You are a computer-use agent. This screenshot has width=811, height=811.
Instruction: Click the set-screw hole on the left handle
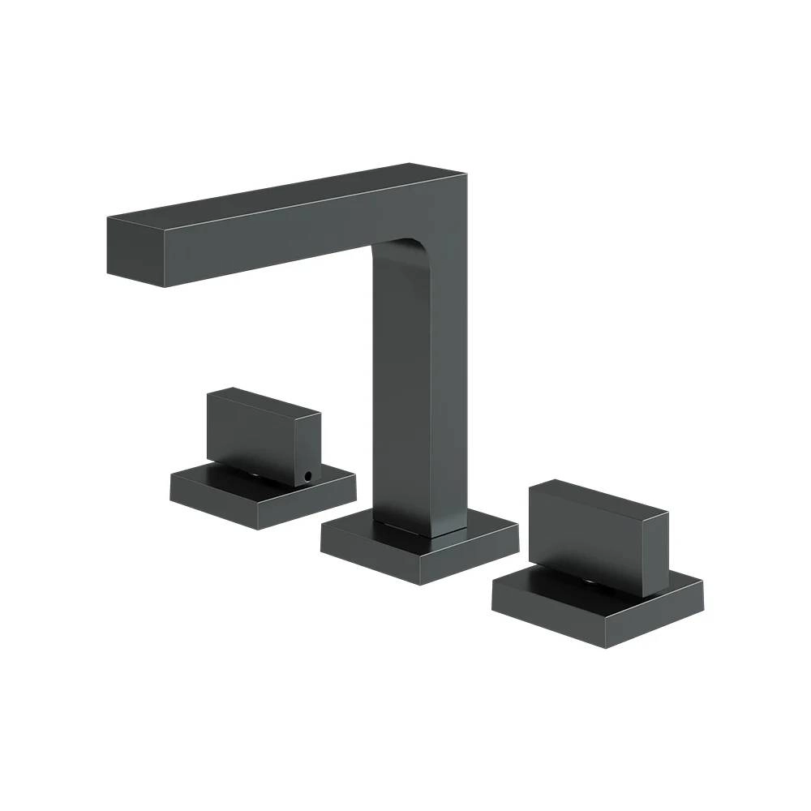pyautogui.click(x=307, y=477)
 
